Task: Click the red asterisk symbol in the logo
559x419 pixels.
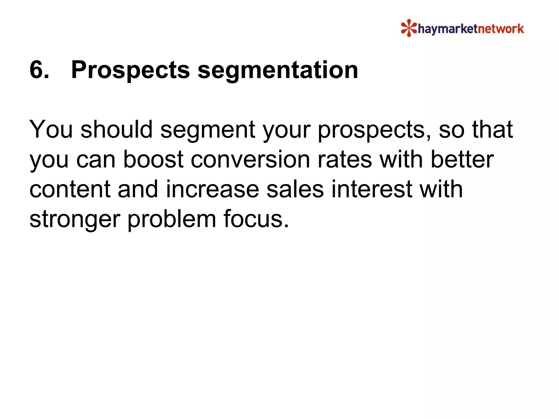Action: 409,28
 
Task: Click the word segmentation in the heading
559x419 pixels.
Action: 278,70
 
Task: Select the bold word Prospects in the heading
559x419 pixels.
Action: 130,70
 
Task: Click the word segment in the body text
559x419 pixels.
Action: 208,130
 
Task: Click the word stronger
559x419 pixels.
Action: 75,219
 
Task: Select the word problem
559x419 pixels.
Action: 172,219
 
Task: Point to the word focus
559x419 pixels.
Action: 256,219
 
